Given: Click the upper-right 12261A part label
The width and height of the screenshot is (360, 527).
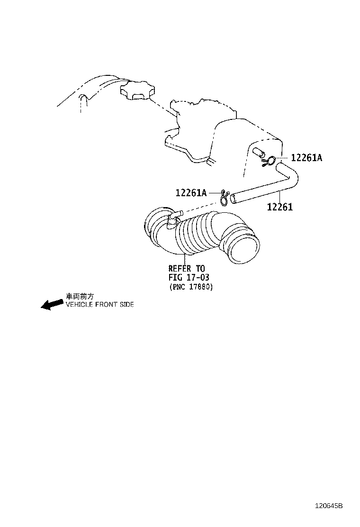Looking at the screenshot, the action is point(306,157).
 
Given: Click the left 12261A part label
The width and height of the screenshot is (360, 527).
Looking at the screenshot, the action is point(191,192).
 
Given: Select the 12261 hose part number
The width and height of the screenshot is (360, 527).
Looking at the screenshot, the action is point(280,207).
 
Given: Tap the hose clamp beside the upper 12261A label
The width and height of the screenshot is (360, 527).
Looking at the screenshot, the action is point(270,161).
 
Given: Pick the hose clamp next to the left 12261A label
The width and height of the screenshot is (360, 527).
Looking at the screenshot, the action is point(225,197).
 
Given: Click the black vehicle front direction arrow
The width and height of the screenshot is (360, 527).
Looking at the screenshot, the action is point(52,304).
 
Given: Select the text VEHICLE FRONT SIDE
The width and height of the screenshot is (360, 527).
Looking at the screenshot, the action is point(100,305).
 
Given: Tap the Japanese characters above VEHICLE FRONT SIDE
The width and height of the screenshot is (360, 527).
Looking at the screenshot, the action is point(80,296).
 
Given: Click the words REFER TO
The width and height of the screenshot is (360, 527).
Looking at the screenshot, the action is point(186,269).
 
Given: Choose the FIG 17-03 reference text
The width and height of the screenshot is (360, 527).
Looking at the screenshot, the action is point(189,278).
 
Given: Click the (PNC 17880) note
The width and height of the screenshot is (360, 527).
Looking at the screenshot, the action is point(191,287).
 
